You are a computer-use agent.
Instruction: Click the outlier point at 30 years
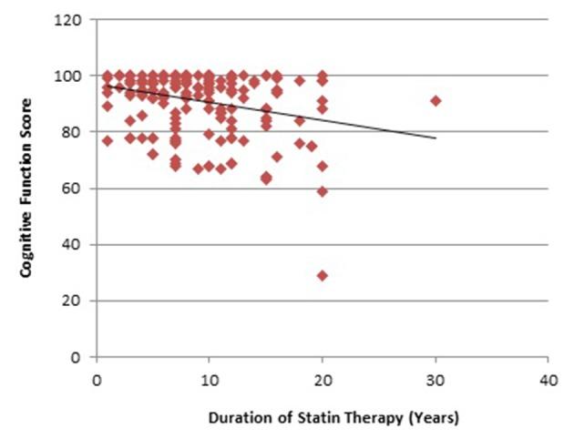click(436, 100)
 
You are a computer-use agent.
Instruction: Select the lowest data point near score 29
click(322, 275)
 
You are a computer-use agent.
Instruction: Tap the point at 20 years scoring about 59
click(322, 191)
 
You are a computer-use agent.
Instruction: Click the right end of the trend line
click(436, 138)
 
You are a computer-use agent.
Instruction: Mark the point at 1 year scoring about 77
click(108, 140)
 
